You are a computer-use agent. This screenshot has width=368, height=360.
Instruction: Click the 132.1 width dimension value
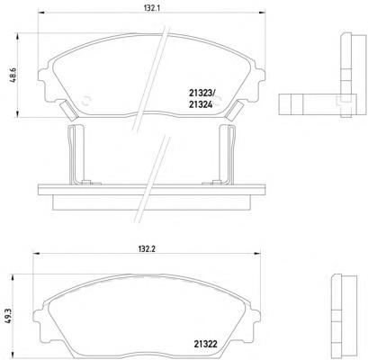click(152, 8)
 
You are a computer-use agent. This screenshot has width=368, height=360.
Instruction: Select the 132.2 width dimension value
click(147, 249)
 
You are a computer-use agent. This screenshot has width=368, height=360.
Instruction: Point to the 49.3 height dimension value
click(8, 317)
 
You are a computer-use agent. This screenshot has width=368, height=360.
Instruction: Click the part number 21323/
click(201, 94)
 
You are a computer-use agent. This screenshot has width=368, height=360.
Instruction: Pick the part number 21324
click(201, 104)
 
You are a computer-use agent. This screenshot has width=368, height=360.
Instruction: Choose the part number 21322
click(205, 344)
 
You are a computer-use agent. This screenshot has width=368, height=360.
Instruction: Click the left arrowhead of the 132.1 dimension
click(41, 13)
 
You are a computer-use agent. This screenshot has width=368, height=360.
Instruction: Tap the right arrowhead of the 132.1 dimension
click(262, 13)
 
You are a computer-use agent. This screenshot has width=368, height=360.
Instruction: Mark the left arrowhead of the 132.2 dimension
click(36, 254)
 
